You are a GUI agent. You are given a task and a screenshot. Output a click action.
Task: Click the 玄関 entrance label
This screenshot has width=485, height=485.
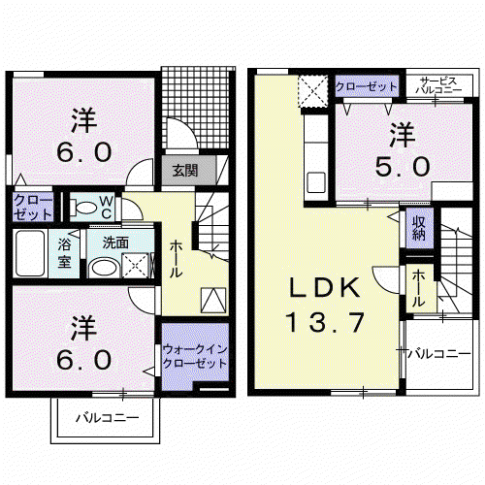185,171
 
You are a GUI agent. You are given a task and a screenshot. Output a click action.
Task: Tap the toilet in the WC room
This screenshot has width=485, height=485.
83,208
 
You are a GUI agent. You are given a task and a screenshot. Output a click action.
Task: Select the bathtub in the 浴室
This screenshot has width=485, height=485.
30,253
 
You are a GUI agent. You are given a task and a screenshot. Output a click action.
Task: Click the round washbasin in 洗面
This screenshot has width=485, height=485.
104,268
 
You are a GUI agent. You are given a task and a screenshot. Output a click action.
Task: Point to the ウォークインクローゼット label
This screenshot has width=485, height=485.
195,356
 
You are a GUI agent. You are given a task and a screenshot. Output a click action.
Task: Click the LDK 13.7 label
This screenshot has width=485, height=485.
325,305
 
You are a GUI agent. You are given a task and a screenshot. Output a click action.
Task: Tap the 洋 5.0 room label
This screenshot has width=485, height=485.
403,149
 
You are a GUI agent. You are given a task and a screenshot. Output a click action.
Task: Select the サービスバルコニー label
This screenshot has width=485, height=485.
438,85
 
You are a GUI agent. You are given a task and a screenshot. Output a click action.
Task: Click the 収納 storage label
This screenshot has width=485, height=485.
418,228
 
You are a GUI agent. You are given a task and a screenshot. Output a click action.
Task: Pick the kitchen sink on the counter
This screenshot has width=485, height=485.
316,182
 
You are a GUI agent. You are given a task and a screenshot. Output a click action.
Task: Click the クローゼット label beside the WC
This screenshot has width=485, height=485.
33,208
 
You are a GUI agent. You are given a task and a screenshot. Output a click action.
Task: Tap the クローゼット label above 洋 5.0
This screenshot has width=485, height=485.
367,86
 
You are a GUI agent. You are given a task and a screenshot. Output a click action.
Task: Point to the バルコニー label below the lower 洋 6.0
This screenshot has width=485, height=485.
108,418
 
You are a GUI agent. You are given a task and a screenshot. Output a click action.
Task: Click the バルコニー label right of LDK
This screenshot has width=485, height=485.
439,354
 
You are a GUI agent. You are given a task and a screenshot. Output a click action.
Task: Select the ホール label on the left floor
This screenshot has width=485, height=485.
177,259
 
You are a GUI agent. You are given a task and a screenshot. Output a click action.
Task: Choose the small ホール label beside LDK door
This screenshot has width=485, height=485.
418,288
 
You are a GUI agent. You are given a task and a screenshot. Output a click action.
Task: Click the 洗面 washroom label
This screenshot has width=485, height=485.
115,242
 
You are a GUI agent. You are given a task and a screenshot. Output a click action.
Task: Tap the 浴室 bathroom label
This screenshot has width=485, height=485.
64,253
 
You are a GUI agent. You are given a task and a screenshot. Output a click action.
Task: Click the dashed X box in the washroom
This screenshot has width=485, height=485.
136,266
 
